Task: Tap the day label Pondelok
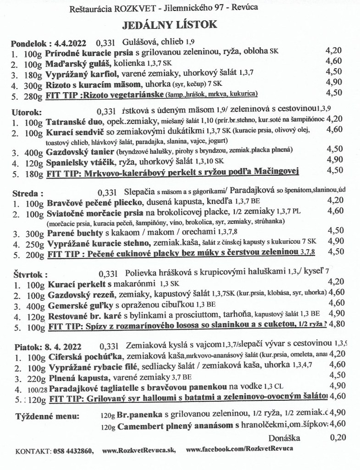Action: (28, 45)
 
